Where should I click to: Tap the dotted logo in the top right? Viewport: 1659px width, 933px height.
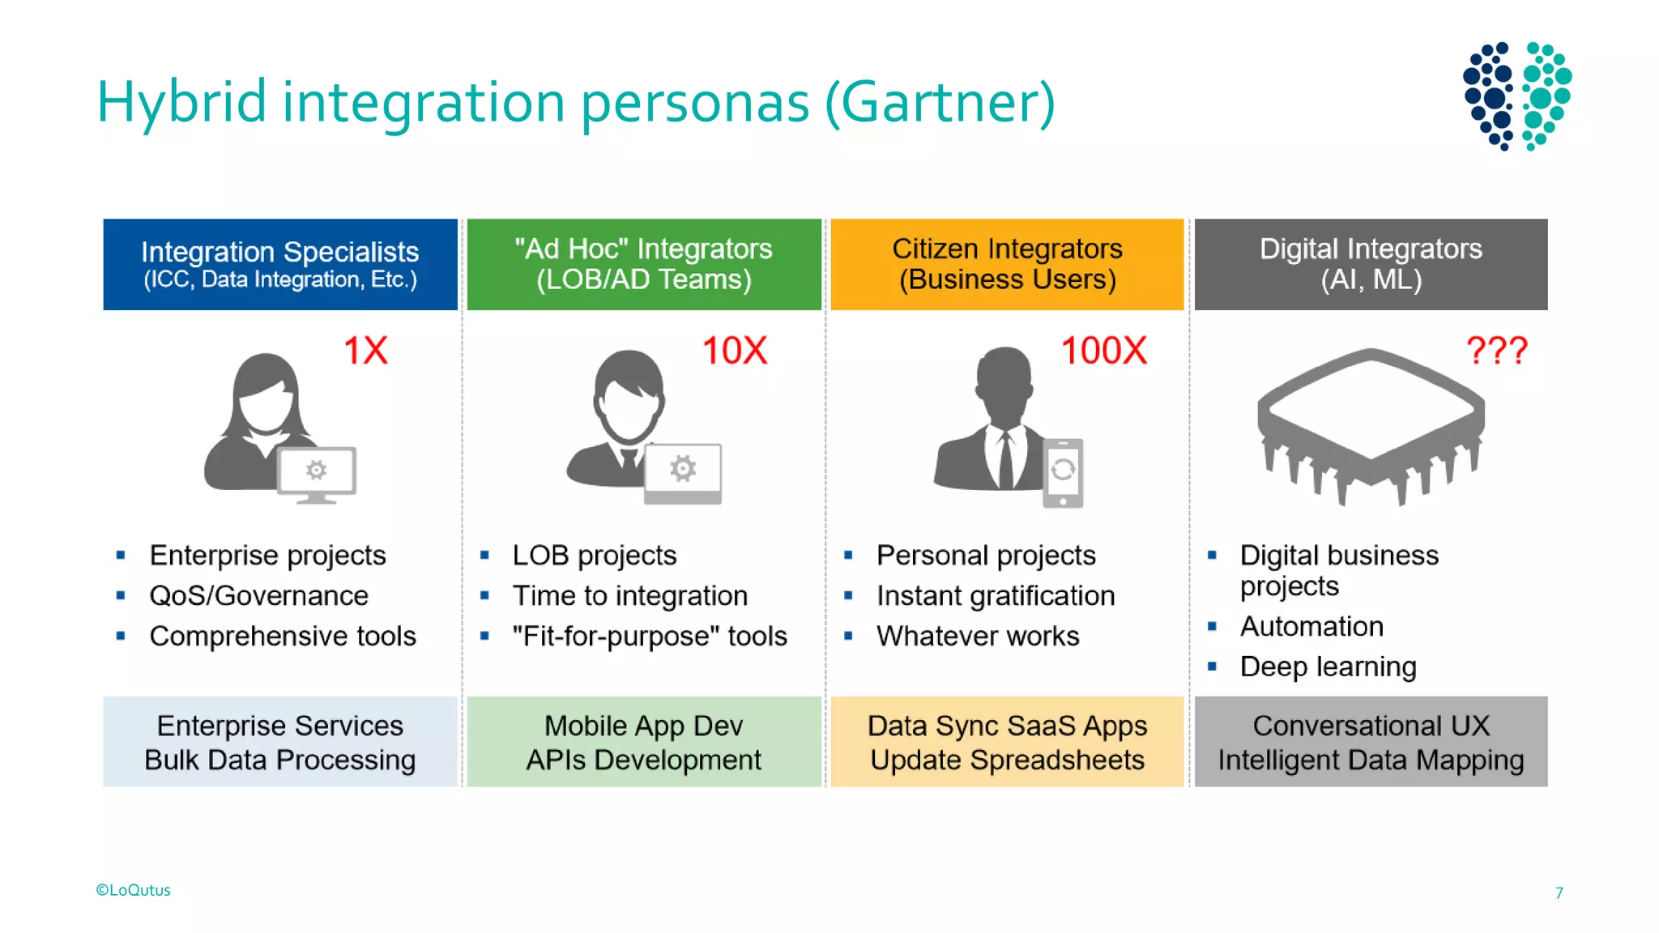click(x=1516, y=96)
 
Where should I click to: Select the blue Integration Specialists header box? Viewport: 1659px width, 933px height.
click(x=280, y=264)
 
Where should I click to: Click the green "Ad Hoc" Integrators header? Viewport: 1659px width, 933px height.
click(x=644, y=264)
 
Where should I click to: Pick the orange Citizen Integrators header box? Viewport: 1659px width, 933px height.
click(x=1007, y=264)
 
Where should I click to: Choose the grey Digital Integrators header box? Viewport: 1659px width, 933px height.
click(x=1371, y=264)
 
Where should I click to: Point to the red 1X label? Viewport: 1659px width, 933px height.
click(x=365, y=351)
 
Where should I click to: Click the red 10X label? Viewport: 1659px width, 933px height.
click(x=734, y=351)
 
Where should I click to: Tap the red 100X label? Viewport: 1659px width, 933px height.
click(x=1103, y=351)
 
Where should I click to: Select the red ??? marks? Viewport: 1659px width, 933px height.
click(x=1496, y=351)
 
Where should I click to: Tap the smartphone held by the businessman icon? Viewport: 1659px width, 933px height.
click(x=1063, y=473)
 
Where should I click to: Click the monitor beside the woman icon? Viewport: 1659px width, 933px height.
click(x=317, y=473)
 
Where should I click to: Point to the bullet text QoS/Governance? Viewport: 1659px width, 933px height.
click(x=258, y=596)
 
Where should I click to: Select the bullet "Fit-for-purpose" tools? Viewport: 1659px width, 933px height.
click(x=650, y=637)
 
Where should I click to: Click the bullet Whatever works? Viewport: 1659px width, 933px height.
click(x=978, y=637)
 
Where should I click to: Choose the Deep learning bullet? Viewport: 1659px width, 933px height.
click(x=1328, y=667)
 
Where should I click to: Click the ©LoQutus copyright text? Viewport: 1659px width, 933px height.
click(x=134, y=890)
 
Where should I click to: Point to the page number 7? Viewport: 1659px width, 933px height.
click(x=1559, y=893)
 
